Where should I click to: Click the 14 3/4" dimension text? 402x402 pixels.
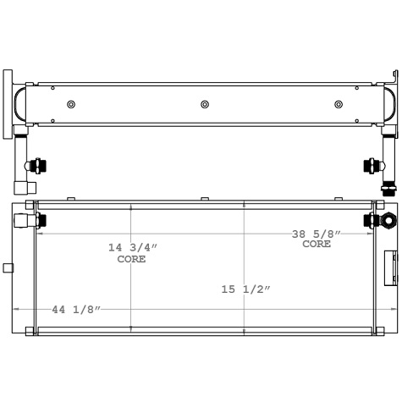click(x=132, y=247)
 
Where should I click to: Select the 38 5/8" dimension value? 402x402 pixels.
click(x=317, y=234)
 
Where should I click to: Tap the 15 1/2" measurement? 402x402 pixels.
click(x=245, y=289)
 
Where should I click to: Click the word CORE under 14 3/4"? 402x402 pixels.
click(x=131, y=259)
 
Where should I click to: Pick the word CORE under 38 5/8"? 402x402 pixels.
click(x=317, y=244)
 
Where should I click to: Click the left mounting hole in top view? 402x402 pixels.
click(x=71, y=104)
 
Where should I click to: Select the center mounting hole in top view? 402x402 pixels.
click(x=204, y=104)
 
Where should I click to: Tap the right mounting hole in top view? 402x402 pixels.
click(x=339, y=104)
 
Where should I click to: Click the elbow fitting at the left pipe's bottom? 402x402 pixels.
click(x=25, y=187)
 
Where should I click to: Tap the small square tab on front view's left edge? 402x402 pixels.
click(x=8, y=268)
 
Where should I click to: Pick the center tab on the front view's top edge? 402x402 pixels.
click(x=204, y=199)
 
